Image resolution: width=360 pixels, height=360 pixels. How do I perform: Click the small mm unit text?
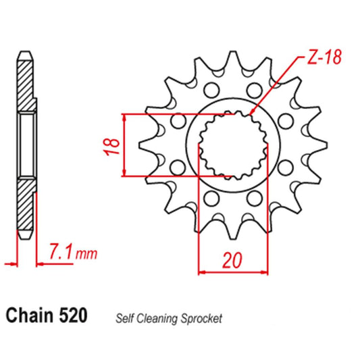coord(86,255)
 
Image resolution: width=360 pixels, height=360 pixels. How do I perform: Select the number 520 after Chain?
coord(73,316)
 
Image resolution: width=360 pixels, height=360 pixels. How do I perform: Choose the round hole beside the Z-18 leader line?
coord(254,90)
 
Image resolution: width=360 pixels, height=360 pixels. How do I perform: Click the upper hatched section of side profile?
coord(25,84)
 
